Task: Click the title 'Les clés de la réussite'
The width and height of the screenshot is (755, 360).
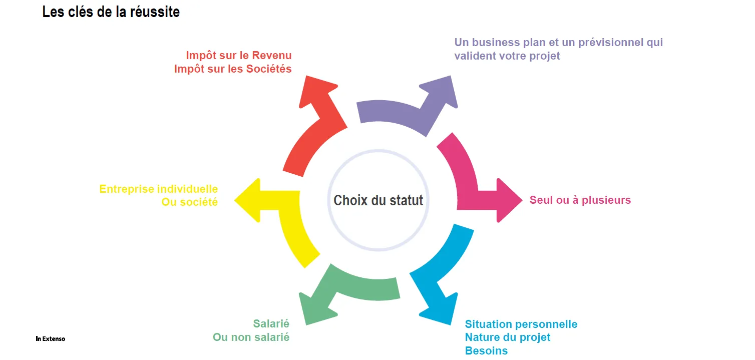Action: click(x=111, y=12)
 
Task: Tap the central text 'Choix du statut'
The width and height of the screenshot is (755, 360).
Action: click(x=378, y=200)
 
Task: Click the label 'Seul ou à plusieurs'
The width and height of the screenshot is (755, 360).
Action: click(x=580, y=200)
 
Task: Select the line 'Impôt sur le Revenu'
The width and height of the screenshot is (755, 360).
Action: click(x=238, y=55)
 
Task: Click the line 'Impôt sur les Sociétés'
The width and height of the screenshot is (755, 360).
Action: click(x=233, y=69)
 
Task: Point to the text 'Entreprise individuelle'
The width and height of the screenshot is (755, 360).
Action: click(x=159, y=189)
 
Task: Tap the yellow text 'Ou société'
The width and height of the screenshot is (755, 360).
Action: click(x=189, y=203)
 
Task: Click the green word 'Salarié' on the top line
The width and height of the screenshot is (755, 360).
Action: click(x=271, y=324)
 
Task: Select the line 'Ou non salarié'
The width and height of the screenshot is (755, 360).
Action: click(x=251, y=337)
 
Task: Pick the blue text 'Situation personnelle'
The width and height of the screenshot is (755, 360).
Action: click(x=521, y=324)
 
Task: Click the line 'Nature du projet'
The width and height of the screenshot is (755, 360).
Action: click(x=508, y=337)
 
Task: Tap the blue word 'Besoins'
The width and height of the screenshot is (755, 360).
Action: click(x=486, y=351)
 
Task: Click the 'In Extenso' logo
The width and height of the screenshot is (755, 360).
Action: click(x=51, y=339)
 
